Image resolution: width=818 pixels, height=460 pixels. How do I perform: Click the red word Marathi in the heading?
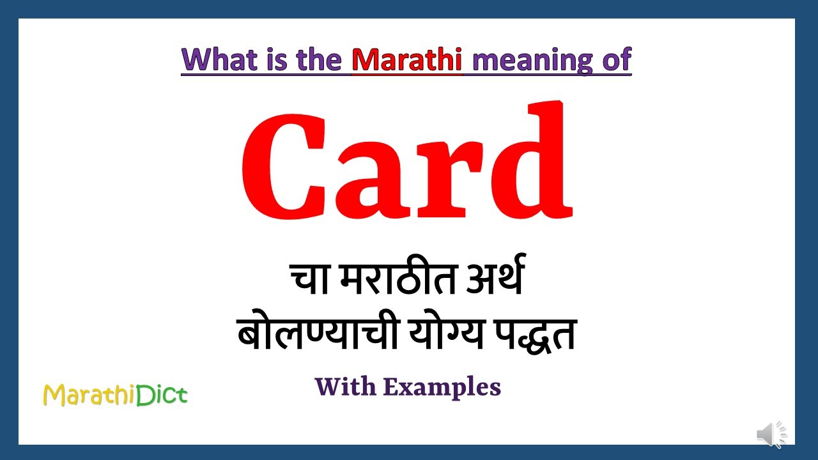pyautogui.click(x=406, y=59)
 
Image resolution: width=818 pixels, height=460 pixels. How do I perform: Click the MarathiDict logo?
pyautogui.click(x=115, y=395)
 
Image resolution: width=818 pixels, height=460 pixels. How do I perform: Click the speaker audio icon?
pyautogui.click(x=771, y=435)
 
